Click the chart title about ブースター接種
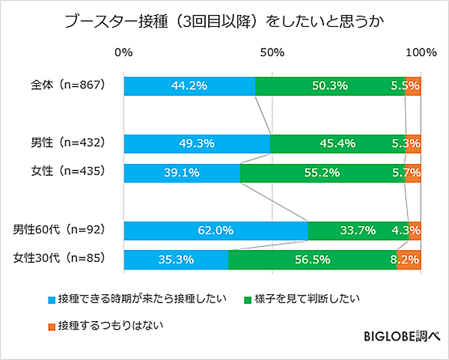click(224, 19)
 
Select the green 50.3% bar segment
click(329, 85)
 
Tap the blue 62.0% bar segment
click(216, 231)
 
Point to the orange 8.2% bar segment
click(409, 260)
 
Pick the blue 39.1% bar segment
click(181, 173)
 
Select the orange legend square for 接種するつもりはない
click(52, 326)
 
